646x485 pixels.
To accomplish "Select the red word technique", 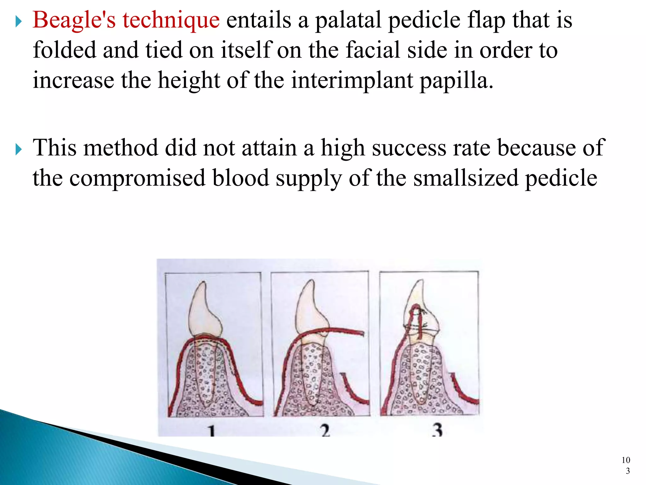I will pyautogui.click(x=171, y=20).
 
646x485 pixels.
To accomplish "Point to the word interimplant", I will pyautogui.click(x=352, y=80).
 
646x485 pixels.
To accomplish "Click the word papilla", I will pyautogui.click(x=456, y=81).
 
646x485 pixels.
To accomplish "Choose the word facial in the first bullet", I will pyautogui.click(x=373, y=50).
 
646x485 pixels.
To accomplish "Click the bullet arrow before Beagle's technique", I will pyautogui.click(x=19, y=22).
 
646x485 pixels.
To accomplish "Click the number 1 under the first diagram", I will pyautogui.click(x=212, y=431).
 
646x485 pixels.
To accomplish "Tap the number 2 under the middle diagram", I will pyautogui.click(x=326, y=431).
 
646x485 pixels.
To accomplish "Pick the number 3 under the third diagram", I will pyautogui.click(x=438, y=430).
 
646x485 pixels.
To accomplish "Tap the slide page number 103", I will pyautogui.click(x=626, y=465).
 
